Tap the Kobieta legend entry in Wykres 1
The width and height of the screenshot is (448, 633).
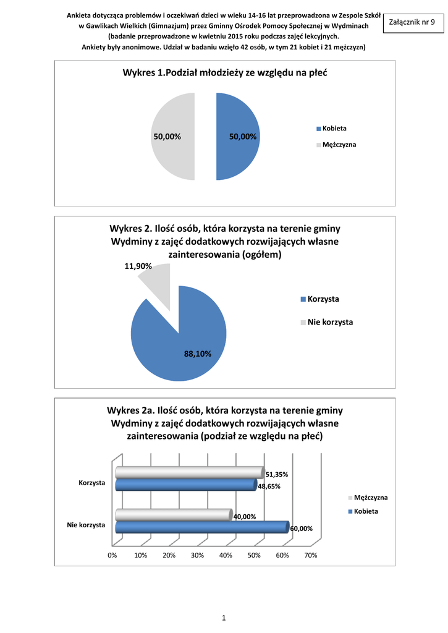pos(334,129)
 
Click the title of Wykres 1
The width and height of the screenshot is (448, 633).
pos(224,73)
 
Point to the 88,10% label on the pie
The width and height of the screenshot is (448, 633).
pos(198,354)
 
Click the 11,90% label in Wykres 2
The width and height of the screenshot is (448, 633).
pos(138,266)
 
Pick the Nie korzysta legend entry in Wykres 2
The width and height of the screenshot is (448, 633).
pos(330,322)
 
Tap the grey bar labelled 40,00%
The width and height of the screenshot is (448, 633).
pos(173,514)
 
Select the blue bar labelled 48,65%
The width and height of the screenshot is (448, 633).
pos(185,485)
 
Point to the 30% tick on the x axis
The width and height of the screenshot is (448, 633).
pos(197,555)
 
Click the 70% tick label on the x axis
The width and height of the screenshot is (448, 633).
pos(311,555)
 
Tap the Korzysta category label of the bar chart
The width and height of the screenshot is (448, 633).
pos(91,482)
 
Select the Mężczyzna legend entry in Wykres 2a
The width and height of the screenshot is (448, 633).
pos(371,498)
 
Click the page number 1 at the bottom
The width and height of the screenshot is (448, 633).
pos(224,618)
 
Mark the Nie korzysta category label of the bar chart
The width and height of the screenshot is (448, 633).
pos(86,525)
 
